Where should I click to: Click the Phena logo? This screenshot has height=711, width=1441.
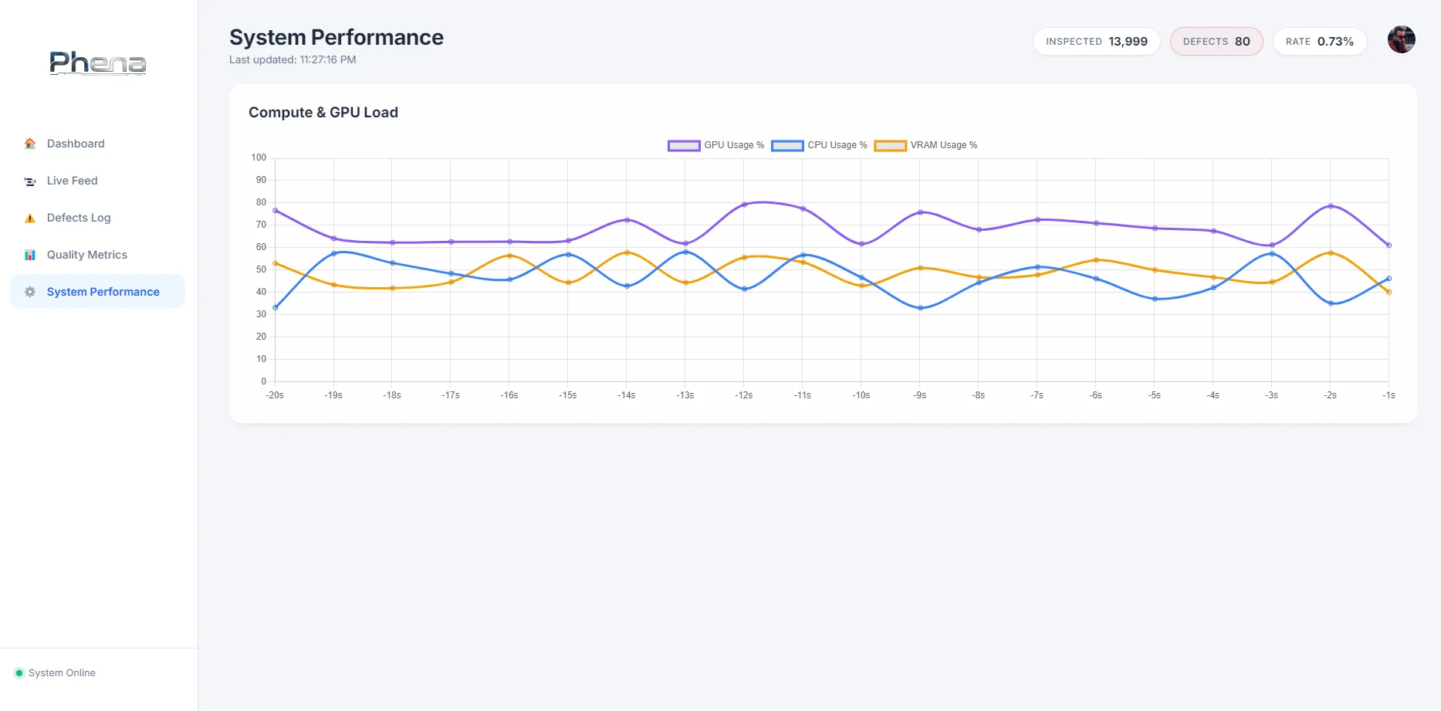98,63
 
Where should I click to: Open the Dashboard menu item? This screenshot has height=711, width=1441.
76,144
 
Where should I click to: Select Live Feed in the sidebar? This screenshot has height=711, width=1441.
72,181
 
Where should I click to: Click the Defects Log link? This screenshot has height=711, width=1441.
78,218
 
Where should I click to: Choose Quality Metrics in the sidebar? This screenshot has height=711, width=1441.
86,255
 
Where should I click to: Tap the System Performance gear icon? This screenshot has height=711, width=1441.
30,292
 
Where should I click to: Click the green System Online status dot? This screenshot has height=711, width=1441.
19,673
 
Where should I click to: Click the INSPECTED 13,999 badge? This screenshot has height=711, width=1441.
1096,42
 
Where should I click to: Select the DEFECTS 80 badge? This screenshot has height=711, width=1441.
1216,42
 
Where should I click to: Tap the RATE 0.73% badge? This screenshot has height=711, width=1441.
1319,42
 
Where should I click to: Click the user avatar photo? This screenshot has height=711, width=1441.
1401,39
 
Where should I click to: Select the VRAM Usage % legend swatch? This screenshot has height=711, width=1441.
890,145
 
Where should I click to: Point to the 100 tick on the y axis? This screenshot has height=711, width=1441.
259,157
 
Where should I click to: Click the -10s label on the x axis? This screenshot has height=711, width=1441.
861,395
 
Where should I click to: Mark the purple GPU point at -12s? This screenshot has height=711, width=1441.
744,205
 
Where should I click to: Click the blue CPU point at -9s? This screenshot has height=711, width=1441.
920,308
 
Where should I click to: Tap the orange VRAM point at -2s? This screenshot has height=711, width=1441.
1330,253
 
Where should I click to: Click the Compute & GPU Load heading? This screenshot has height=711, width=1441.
323,113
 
